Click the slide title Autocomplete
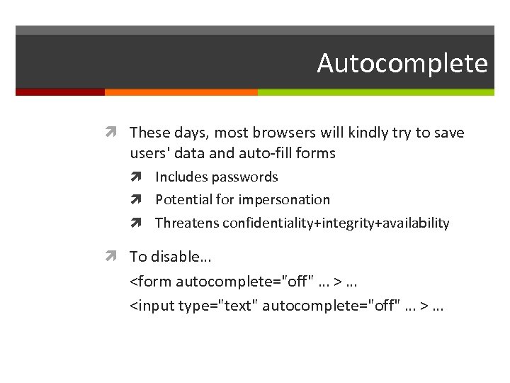402,63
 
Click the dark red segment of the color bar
59,92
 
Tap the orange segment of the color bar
181,92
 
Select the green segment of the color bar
375,92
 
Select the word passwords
246,177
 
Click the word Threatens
187,223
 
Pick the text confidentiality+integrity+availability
336,223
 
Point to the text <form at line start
151,282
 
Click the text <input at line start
152,306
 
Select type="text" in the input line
224,306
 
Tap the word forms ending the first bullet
316,152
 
